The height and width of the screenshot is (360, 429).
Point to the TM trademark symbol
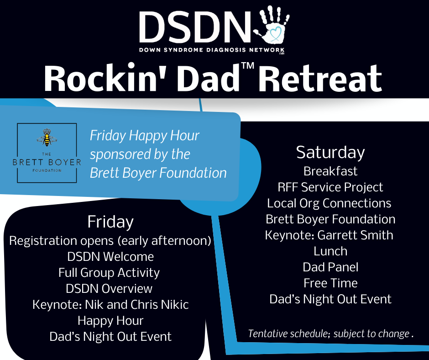click(248, 66)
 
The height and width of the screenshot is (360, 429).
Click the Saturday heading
click(330, 152)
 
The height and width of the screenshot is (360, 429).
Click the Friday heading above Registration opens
click(110, 222)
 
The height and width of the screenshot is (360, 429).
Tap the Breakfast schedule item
click(330, 171)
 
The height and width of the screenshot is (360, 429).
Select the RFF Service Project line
click(330, 187)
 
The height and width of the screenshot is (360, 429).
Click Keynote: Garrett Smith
click(329, 235)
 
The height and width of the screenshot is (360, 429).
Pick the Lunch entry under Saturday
click(330, 251)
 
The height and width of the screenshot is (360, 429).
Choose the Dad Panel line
click(330, 267)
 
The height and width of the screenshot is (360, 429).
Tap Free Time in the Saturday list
click(330, 283)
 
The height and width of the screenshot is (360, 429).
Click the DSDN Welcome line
click(110, 257)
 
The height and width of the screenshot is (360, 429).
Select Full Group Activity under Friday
click(109, 273)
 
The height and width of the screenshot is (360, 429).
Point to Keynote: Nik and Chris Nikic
click(110, 305)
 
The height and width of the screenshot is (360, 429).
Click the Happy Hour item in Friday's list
click(110, 321)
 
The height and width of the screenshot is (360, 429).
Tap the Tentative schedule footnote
click(330, 334)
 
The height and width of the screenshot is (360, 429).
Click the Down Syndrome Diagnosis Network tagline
click(212, 50)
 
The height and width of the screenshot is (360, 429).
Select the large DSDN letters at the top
click(195, 27)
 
